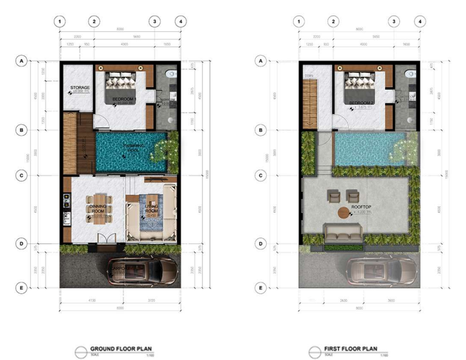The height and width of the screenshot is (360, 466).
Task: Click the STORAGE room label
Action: point(79,87)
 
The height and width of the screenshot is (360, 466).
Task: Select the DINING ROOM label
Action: point(98,209)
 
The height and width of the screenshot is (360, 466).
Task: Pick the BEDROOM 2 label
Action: point(361,102)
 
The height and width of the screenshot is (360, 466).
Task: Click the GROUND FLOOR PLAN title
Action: point(121,349)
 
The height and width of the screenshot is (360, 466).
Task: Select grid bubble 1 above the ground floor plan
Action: point(60,21)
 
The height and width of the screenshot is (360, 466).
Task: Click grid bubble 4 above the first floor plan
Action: point(420,21)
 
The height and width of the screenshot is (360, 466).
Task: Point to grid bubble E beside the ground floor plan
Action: point(22,288)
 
